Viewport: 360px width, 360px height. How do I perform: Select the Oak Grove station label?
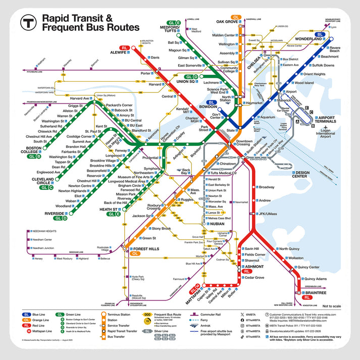point(227,22)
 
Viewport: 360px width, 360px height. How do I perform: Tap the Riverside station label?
point(55,214)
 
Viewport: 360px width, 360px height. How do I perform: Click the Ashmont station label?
point(254,266)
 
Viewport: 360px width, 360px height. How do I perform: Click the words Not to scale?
point(332,306)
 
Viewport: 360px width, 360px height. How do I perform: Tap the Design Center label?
point(308,174)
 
